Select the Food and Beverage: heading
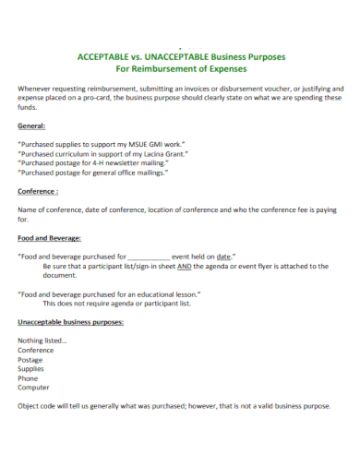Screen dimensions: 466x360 tap(49, 237)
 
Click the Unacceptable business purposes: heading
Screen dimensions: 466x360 tap(71, 322)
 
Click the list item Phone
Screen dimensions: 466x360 tap(29, 378)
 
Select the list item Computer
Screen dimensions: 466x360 tap(34, 388)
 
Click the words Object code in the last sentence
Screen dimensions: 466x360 tap(37, 406)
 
